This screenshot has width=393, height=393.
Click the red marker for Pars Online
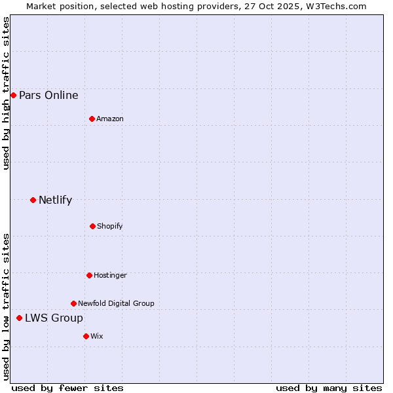pos(13,95)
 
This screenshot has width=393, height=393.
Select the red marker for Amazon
pos(92,119)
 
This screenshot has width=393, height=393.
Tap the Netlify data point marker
pos(33,200)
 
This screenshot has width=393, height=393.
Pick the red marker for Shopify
pos(92,226)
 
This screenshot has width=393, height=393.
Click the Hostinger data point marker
pos(89,275)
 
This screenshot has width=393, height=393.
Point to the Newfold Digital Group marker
pos(73,303)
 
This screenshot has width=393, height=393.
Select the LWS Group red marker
pos(19,318)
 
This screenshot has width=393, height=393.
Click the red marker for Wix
pos(86,336)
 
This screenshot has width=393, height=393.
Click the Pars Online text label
pos(48,96)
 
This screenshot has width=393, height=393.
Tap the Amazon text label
pos(110,119)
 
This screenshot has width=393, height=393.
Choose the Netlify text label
pos(55,200)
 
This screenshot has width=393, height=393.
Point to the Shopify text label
pos(110,227)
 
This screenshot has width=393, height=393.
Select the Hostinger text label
pos(110,276)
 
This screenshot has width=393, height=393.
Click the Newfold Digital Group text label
pos(117,304)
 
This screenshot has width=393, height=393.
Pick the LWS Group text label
pos(54,318)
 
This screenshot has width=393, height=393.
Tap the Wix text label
pos(97,337)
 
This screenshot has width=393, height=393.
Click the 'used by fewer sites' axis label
pos(67,388)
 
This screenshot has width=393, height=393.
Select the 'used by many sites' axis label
pos(329,388)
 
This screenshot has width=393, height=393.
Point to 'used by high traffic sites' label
pos(6,93)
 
